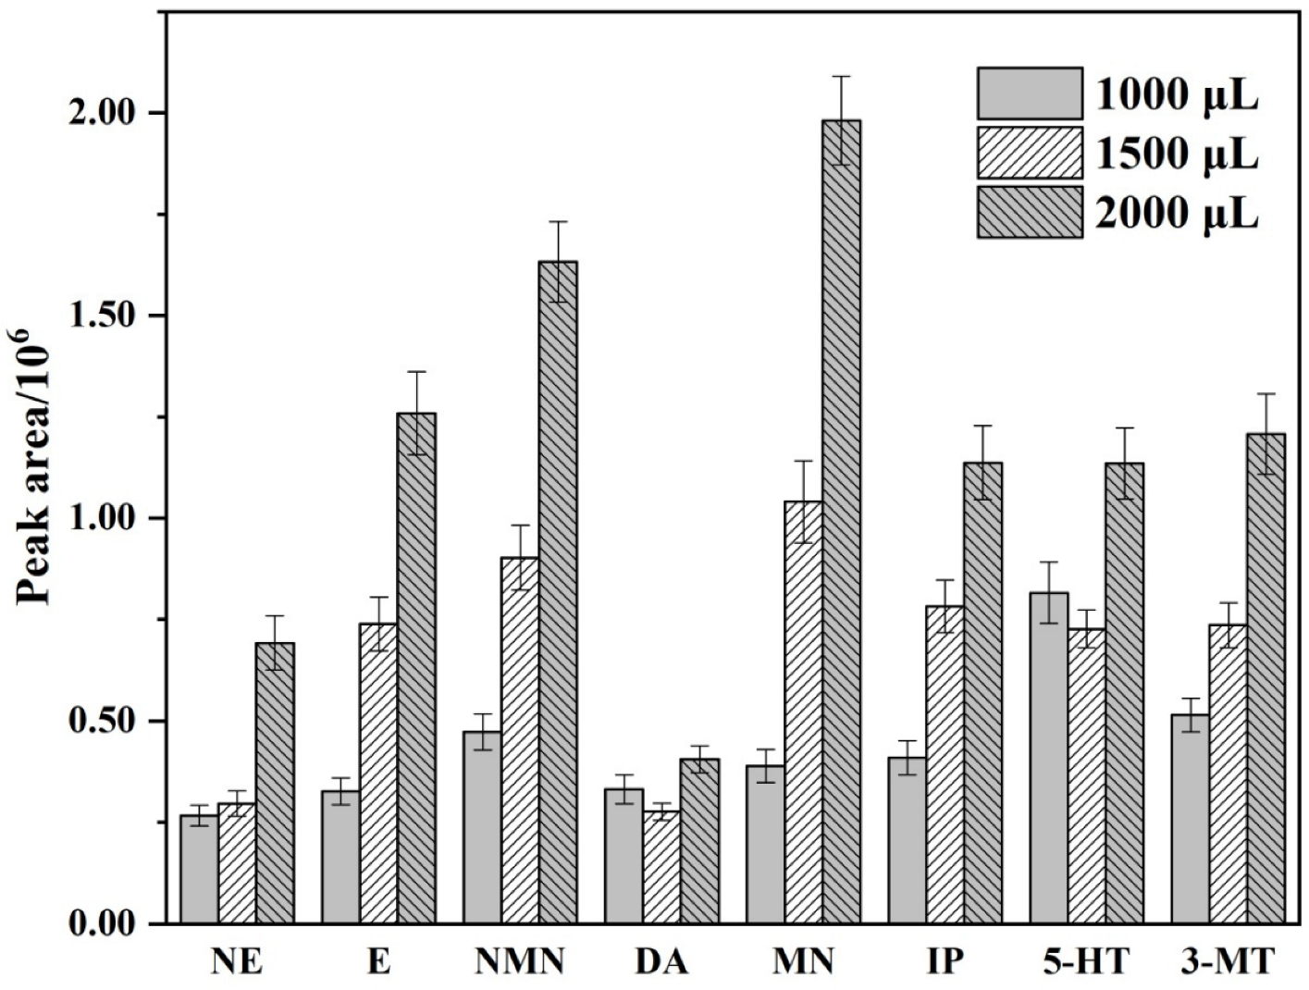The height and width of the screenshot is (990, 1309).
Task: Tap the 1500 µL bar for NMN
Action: [x=520, y=740]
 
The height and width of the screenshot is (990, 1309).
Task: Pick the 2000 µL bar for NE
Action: [x=275, y=783]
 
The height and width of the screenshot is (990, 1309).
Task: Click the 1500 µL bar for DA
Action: [x=661, y=867]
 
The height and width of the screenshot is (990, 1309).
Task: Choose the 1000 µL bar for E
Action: [x=340, y=857]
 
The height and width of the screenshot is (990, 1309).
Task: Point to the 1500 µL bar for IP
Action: [x=945, y=764]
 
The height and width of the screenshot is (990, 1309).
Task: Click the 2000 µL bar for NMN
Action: [x=558, y=592]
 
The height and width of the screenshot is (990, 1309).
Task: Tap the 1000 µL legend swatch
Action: [x=1029, y=93]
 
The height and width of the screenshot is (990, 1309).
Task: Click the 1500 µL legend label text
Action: [x=1177, y=154]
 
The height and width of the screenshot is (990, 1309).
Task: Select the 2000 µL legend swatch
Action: [x=1029, y=213]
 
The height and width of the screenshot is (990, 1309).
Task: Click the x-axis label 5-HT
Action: [x=1086, y=962]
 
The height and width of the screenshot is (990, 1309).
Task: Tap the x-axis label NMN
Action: [x=520, y=962]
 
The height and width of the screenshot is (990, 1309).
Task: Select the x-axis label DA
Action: [x=661, y=962]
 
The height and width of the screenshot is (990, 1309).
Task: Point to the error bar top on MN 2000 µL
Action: [x=841, y=77]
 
